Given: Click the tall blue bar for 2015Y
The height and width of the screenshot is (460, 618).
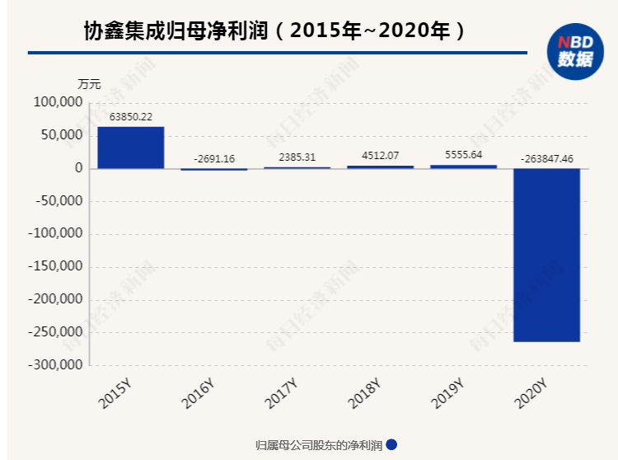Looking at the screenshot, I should click(x=130, y=148).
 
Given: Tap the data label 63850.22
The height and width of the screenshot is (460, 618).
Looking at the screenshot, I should click(x=130, y=117).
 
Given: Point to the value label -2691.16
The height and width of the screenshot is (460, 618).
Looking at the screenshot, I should click(x=213, y=158).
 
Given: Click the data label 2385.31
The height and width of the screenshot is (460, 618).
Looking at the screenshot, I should click(x=297, y=157).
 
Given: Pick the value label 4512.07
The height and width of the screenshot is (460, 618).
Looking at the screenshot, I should click(x=380, y=155).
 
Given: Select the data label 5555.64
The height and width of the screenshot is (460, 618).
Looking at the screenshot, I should click(x=463, y=154).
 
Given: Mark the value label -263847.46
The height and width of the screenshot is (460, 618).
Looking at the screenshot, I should click(x=547, y=157).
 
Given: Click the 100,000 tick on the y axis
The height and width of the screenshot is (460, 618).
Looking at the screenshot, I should click(x=58, y=102).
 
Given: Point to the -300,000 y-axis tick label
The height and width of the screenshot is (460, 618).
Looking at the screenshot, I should click(x=54, y=364).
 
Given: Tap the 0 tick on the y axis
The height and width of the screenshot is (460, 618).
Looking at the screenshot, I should click(x=79, y=168).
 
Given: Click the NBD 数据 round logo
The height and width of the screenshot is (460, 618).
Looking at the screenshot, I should click(x=574, y=51).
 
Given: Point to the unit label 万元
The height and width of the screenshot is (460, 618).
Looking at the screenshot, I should click(x=89, y=83).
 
